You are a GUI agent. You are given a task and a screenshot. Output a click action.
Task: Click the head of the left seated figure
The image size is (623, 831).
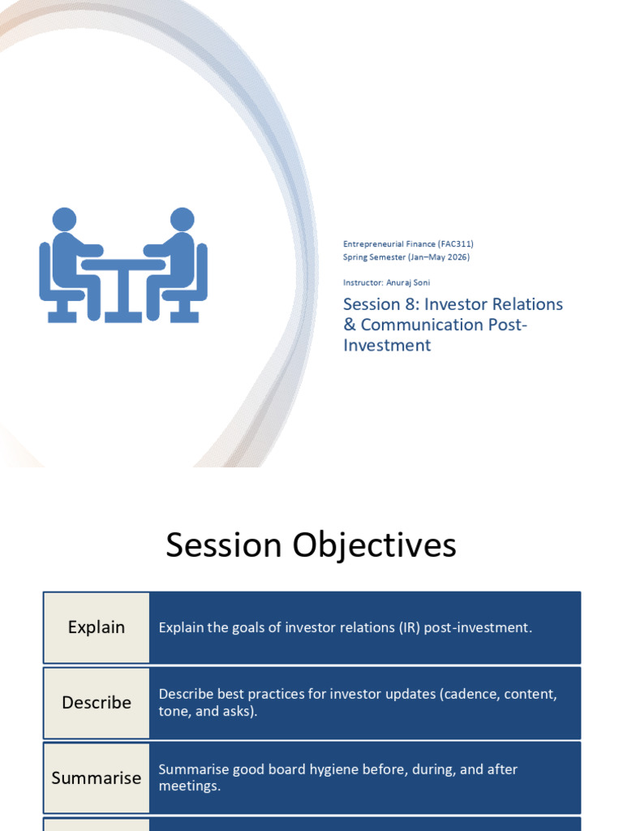click(65, 219)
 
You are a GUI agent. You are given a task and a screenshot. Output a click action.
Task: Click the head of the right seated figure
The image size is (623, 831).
click(183, 219)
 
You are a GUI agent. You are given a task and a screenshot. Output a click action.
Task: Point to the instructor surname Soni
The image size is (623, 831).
click(421, 282)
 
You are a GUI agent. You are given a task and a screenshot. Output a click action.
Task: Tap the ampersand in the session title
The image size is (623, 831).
click(350, 325)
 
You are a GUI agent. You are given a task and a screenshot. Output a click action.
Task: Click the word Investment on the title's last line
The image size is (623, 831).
click(387, 345)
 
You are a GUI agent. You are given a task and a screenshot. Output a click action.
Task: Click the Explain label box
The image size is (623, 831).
click(97, 627)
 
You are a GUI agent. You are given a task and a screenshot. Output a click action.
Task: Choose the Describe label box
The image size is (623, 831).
click(97, 703)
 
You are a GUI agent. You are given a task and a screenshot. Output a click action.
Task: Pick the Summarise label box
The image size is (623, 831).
click(97, 778)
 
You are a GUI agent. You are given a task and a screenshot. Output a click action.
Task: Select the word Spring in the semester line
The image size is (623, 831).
click(354, 257)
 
